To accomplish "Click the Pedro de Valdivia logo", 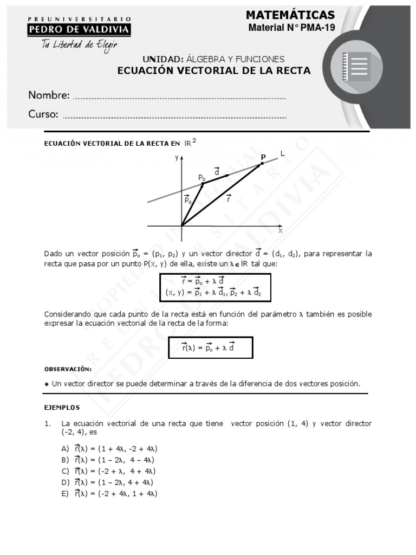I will [x=79, y=27].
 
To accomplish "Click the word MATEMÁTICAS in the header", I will [x=290, y=15].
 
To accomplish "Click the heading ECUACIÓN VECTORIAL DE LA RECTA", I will [x=214, y=70].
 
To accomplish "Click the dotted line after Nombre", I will [x=179, y=98].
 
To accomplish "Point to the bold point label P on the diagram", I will [x=263, y=157].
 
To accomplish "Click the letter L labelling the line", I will [x=282, y=154].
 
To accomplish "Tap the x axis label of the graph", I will [x=280, y=230].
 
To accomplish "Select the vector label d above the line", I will [x=217, y=171].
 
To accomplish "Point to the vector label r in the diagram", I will [x=229, y=198].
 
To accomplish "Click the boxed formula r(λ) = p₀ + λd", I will [x=210, y=347].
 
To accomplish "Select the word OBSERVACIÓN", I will [x=68, y=369].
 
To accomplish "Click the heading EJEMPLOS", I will [x=62, y=407].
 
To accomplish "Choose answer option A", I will [x=109, y=449].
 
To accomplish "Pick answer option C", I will [x=108, y=471].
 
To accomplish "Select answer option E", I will [x=109, y=493].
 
